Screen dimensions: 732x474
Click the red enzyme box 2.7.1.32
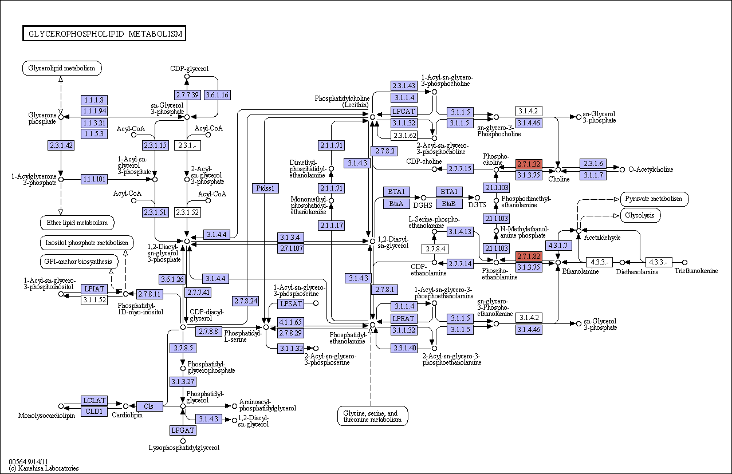(x=529, y=164)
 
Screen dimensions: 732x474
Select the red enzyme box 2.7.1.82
(x=529, y=256)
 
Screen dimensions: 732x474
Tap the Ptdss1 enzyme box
(x=265, y=188)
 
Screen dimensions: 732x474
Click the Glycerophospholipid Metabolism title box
(x=104, y=33)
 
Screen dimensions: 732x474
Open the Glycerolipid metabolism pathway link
(x=62, y=68)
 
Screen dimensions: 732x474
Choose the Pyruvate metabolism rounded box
(x=654, y=199)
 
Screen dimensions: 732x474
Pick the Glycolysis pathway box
(x=640, y=216)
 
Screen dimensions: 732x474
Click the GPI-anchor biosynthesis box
(x=78, y=262)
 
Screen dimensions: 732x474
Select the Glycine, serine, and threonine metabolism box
(x=372, y=416)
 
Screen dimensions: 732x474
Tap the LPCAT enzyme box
(x=404, y=112)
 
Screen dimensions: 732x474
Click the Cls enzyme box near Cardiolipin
(x=149, y=406)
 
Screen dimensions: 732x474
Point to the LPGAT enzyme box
(x=183, y=430)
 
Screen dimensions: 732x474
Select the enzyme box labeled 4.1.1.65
(x=290, y=322)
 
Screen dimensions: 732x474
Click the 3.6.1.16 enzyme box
(x=217, y=94)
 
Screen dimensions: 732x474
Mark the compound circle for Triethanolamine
(x=684, y=262)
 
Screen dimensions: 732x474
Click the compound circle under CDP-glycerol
(x=187, y=77)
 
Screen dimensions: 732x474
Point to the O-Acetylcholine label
(x=651, y=169)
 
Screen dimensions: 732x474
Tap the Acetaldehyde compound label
(x=602, y=238)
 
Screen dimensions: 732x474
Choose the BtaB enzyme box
(x=449, y=204)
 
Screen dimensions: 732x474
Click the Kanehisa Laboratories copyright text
(x=44, y=468)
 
